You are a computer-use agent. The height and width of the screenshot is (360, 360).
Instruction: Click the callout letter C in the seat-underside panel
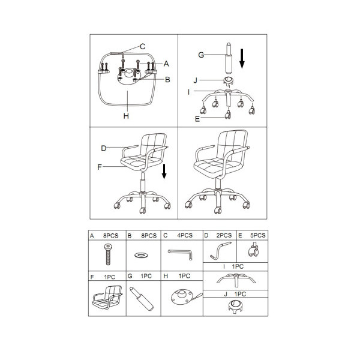(x=143, y=47)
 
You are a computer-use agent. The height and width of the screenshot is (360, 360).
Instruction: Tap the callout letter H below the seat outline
(x=126, y=116)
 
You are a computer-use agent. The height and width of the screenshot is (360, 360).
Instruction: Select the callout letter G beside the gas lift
(x=201, y=55)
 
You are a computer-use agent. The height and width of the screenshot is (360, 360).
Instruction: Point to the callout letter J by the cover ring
(x=196, y=80)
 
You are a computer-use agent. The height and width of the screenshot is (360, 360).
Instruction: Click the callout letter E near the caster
(x=197, y=119)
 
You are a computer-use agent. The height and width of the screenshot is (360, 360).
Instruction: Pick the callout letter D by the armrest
(x=104, y=148)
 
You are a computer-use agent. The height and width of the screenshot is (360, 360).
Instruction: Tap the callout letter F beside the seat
(x=100, y=167)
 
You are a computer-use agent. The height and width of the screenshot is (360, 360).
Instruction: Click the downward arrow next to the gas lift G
(x=242, y=59)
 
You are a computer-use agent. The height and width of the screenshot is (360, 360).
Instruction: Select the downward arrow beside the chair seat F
(x=164, y=171)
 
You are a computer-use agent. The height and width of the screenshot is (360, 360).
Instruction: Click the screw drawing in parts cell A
(x=108, y=254)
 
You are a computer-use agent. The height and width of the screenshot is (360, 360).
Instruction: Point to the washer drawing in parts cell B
(x=141, y=255)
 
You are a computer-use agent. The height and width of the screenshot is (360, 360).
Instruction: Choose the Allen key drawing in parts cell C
(x=181, y=254)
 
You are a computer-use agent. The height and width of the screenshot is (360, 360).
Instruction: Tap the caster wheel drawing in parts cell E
(x=253, y=251)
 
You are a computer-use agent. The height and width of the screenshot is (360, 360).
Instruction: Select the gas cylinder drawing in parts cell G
(x=142, y=299)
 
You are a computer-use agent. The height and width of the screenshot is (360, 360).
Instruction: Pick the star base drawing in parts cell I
(x=236, y=280)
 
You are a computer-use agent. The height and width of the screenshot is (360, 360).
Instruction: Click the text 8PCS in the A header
(x=111, y=236)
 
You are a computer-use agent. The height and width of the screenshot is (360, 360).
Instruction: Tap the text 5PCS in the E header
(x=258, y=236)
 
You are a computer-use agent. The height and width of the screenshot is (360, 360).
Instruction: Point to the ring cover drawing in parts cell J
(x=236, y=307)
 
